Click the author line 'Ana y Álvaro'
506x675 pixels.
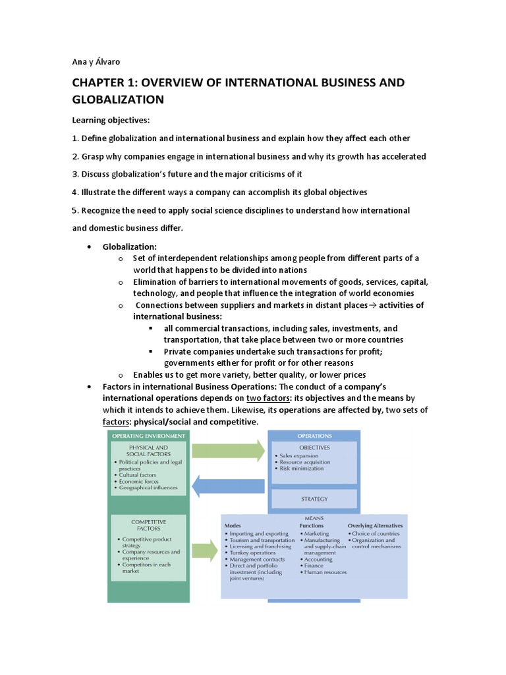pos(96,62)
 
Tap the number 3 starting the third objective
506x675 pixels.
pos(74,174)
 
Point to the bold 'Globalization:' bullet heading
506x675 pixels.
pos(129,246)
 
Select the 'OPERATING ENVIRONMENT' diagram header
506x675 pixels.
pos(148,436)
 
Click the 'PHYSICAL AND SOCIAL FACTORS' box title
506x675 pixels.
pos(150,450)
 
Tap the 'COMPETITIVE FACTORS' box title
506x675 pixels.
pos(149,525)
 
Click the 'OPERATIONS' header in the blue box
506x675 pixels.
pos(314,436)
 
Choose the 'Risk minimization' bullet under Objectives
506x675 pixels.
pos(301,469)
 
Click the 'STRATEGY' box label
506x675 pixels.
pos(314,499)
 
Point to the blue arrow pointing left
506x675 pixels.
pos(227,486)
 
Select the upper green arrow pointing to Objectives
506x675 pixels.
pos(227,451)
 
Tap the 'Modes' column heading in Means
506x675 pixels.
pos(233,526)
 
